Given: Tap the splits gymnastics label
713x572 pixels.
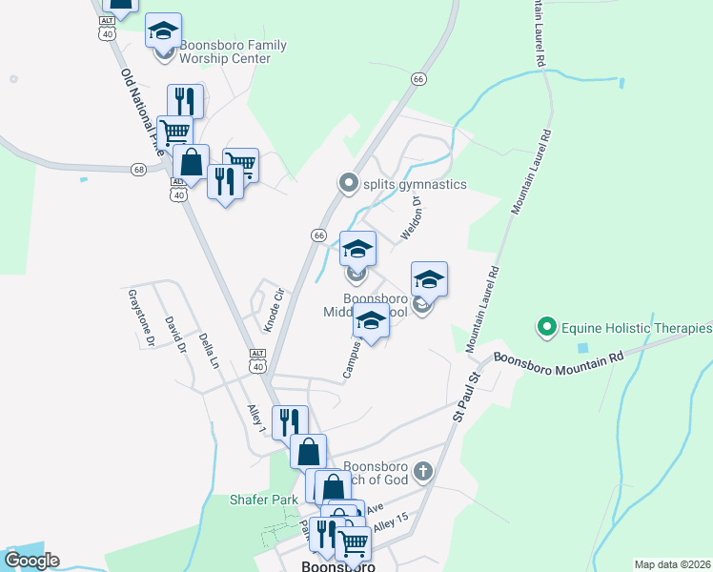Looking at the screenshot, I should point(415,184).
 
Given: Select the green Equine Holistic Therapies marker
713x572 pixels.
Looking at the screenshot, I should point(547,328).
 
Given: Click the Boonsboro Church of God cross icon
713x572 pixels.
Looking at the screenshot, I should point(423,470).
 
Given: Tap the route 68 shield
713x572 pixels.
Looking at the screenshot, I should point(139,170).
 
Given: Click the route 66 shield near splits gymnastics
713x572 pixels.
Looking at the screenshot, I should point(318,235).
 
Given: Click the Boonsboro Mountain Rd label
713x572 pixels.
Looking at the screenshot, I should point(558,358).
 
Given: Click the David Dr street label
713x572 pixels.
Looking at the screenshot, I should point(174,335).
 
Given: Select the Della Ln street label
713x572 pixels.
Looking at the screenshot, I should point(209,350).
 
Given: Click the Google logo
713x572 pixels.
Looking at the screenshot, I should point(31,561).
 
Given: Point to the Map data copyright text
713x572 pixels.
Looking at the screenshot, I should point(673,564).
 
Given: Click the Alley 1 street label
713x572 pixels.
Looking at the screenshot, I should point(255,419).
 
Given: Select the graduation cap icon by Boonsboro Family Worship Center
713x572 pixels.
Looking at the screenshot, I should point(164,31).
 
